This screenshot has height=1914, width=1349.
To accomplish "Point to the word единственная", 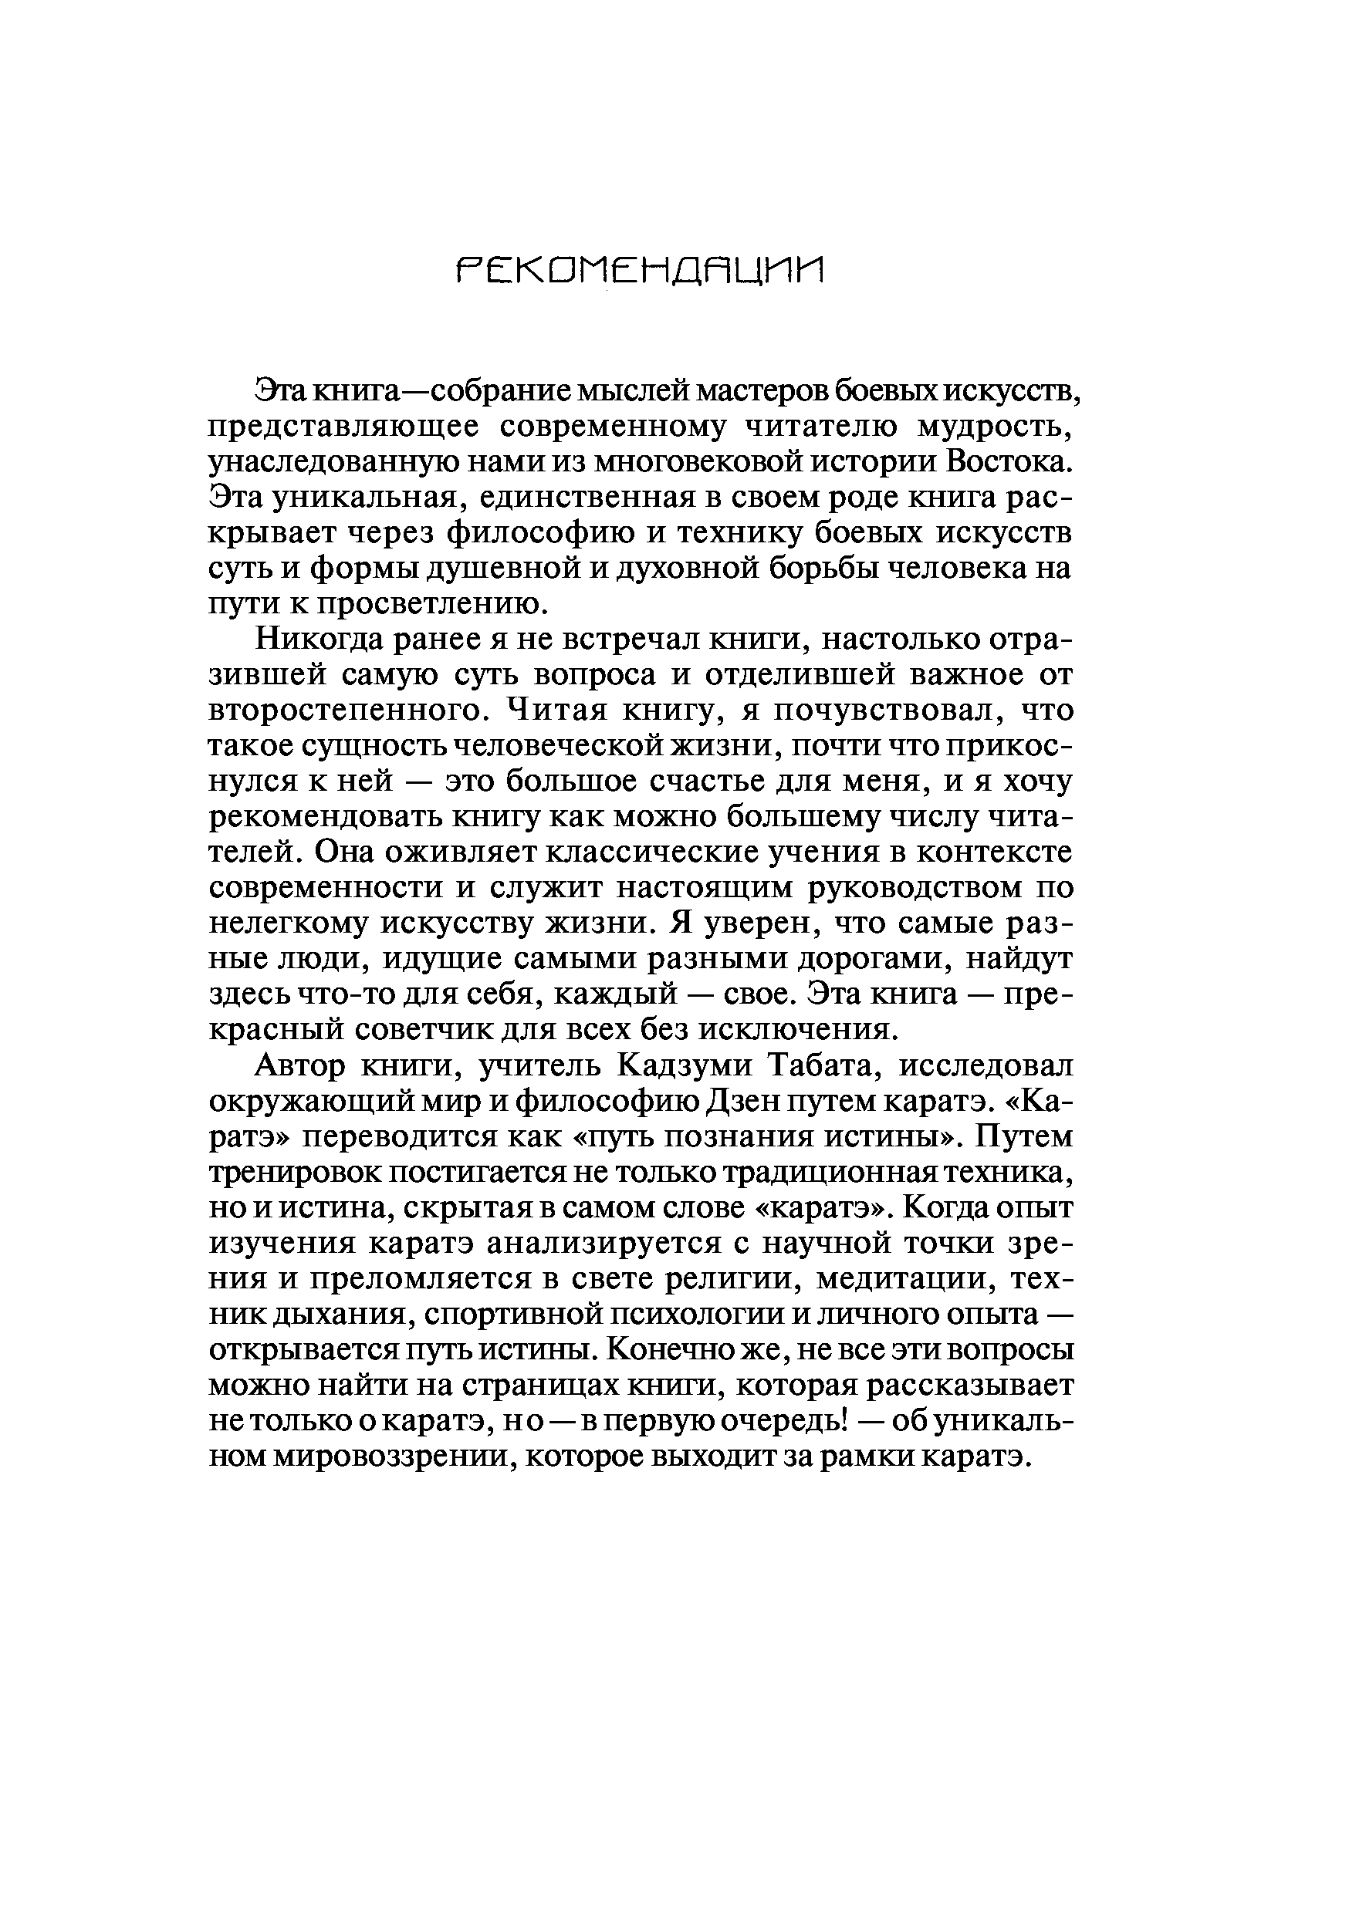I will (x=580, y=498).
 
